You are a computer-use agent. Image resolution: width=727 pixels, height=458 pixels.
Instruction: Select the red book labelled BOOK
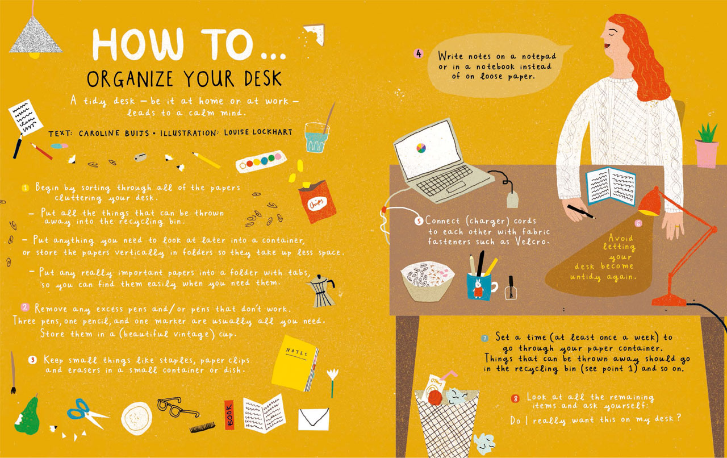(x=229, y=415)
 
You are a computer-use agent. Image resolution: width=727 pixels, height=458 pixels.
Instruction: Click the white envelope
(x=314, y=419)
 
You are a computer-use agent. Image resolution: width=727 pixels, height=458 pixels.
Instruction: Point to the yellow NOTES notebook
(x=295, y=364)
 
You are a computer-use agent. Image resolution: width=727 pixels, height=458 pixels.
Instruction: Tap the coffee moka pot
(x=321, y=291)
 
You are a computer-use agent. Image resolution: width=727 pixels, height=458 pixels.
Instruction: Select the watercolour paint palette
(x=261, y=161)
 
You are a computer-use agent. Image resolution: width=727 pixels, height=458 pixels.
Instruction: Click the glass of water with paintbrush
(x=317, y=133)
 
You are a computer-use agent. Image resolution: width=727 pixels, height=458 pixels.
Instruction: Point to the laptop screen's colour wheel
(x=421, y=148)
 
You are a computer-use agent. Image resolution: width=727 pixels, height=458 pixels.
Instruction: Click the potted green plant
(x=707, y=146)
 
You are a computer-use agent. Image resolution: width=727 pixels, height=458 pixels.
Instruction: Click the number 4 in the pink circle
(x=419, y=53)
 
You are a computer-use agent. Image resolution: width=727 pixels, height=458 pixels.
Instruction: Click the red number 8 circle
(x=515, y=398)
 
